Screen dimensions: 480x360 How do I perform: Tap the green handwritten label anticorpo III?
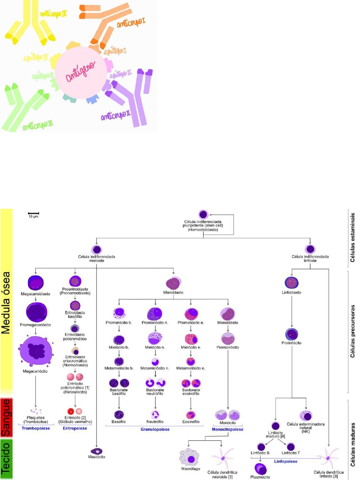pyautogui.click(x=38, y=125)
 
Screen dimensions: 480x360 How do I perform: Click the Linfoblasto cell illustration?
pyautogui.click(x=292, y=282)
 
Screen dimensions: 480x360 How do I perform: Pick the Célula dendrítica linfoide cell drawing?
pyautogui.click(x=330, y=460)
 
